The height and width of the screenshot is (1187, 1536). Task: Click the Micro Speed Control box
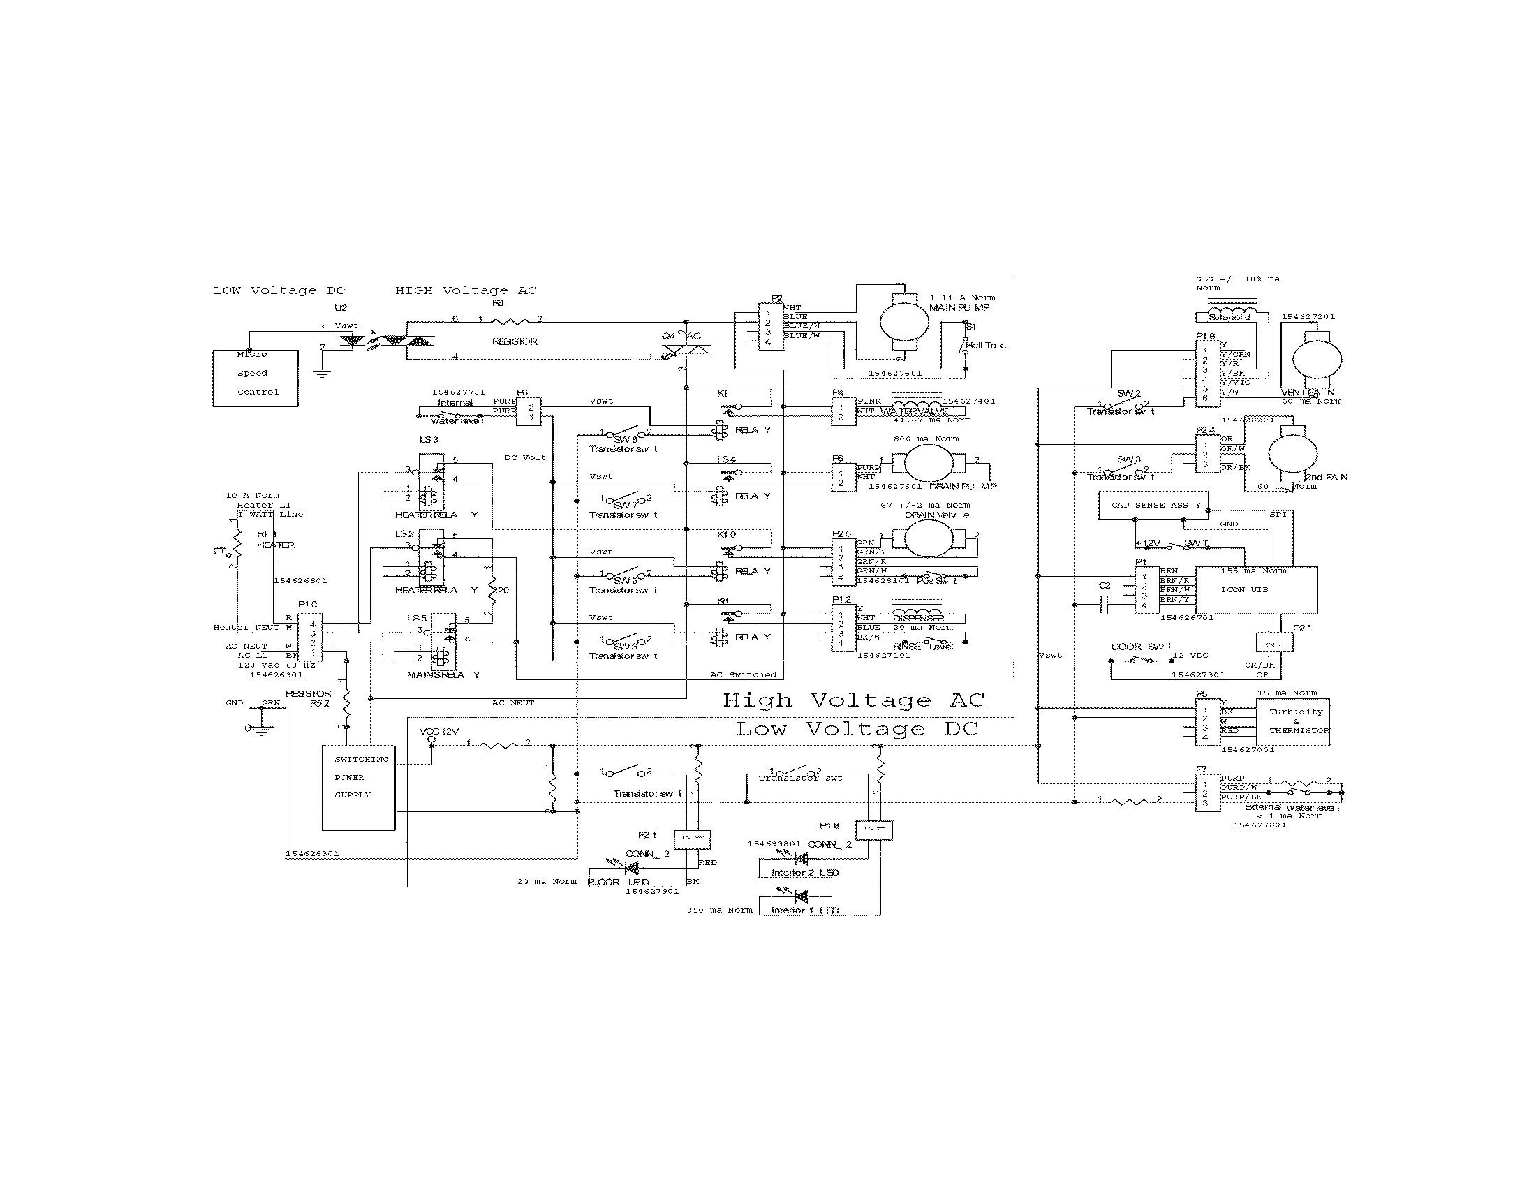(256, 378)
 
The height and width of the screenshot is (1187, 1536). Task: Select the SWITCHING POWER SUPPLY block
(359, 787)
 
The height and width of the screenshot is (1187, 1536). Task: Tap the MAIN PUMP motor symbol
(903, 321)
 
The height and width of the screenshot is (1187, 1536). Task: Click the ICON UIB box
(1256, 590)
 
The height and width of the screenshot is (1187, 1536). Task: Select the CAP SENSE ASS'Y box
(1153, 506)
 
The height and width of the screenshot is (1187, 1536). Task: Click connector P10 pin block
(310, 637)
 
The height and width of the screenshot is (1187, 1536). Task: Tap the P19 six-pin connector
(1208, 375)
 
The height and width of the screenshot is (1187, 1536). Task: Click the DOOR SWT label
(1142, 647)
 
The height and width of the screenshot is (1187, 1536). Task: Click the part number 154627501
(894, 374)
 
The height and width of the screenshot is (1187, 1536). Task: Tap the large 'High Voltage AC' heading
(853, 700)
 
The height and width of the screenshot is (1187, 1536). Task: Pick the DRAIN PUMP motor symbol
(927, 463)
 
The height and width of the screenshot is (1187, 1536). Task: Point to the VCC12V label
(439, 731)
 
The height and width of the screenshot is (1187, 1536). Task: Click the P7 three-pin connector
(1208, 792)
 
